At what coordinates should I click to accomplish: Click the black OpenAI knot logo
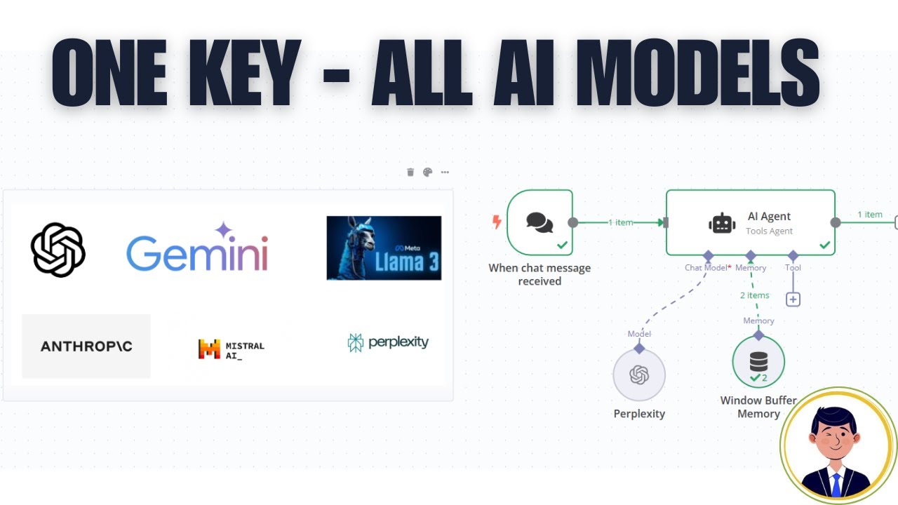point(58,250)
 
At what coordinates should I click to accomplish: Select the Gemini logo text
point(197,251)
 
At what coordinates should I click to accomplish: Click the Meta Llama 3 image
point(384,248)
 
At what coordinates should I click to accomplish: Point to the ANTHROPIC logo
point(86,346)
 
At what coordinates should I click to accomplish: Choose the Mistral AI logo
point(231,349)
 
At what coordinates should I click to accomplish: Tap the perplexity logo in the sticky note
point(388,342)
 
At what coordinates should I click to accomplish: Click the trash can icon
point(410,172)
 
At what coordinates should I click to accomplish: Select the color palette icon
point(427,172)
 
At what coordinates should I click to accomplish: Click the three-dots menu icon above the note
point(445,172)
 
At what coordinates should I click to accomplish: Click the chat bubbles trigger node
point(540,222)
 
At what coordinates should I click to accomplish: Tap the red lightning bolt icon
point(497,222)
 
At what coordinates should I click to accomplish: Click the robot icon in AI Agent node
point(722,223)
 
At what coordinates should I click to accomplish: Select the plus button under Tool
point(793,299)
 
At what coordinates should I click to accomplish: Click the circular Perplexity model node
point(639,375)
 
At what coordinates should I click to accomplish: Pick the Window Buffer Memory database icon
point(758,361)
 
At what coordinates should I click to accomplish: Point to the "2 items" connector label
point(754,295)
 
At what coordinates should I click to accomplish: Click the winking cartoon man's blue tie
point(836,483)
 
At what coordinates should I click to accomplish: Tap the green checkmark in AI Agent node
point(825,245)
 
